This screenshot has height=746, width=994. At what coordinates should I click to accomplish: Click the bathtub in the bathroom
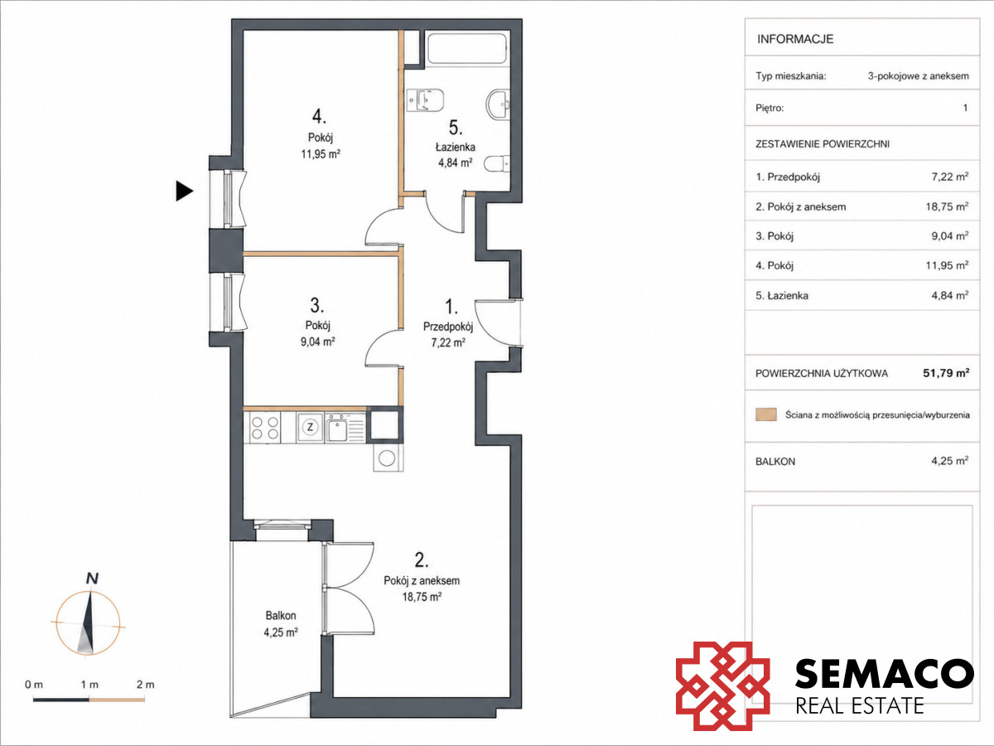click(467, 48)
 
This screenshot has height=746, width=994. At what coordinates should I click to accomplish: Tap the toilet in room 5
click(497, 163)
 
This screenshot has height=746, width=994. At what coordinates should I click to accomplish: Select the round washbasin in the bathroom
click(498, 104)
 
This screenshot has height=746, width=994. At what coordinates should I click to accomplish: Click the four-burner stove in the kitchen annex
click(265, 428)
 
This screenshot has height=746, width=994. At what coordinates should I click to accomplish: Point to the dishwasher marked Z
click(310, 427)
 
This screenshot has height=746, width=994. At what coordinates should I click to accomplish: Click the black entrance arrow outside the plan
click(185, 191)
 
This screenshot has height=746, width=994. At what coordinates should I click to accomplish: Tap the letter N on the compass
click(93, 579)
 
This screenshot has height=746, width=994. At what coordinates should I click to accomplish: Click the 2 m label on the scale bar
click(145, 685)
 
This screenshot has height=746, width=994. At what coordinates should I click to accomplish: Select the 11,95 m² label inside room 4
click(321, 154)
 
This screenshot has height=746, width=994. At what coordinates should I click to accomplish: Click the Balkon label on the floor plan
click(281, 616)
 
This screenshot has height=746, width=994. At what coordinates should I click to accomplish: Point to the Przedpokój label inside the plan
click(448, 327)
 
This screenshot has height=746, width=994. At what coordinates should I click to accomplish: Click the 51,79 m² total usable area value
click(946, 373)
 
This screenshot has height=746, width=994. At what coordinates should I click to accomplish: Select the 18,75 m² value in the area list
click(947, 206)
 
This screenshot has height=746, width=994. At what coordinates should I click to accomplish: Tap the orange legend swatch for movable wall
click(765, 414)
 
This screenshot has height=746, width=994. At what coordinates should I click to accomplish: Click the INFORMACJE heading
click(795, 39)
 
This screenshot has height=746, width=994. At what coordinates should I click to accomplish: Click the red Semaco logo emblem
click(723, 685)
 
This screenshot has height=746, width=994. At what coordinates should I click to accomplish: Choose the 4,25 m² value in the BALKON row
click(949, 461)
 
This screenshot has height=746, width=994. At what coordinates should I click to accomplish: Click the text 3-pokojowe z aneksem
click(919, 76)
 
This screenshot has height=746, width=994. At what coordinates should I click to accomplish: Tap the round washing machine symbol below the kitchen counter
click(387, 458)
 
